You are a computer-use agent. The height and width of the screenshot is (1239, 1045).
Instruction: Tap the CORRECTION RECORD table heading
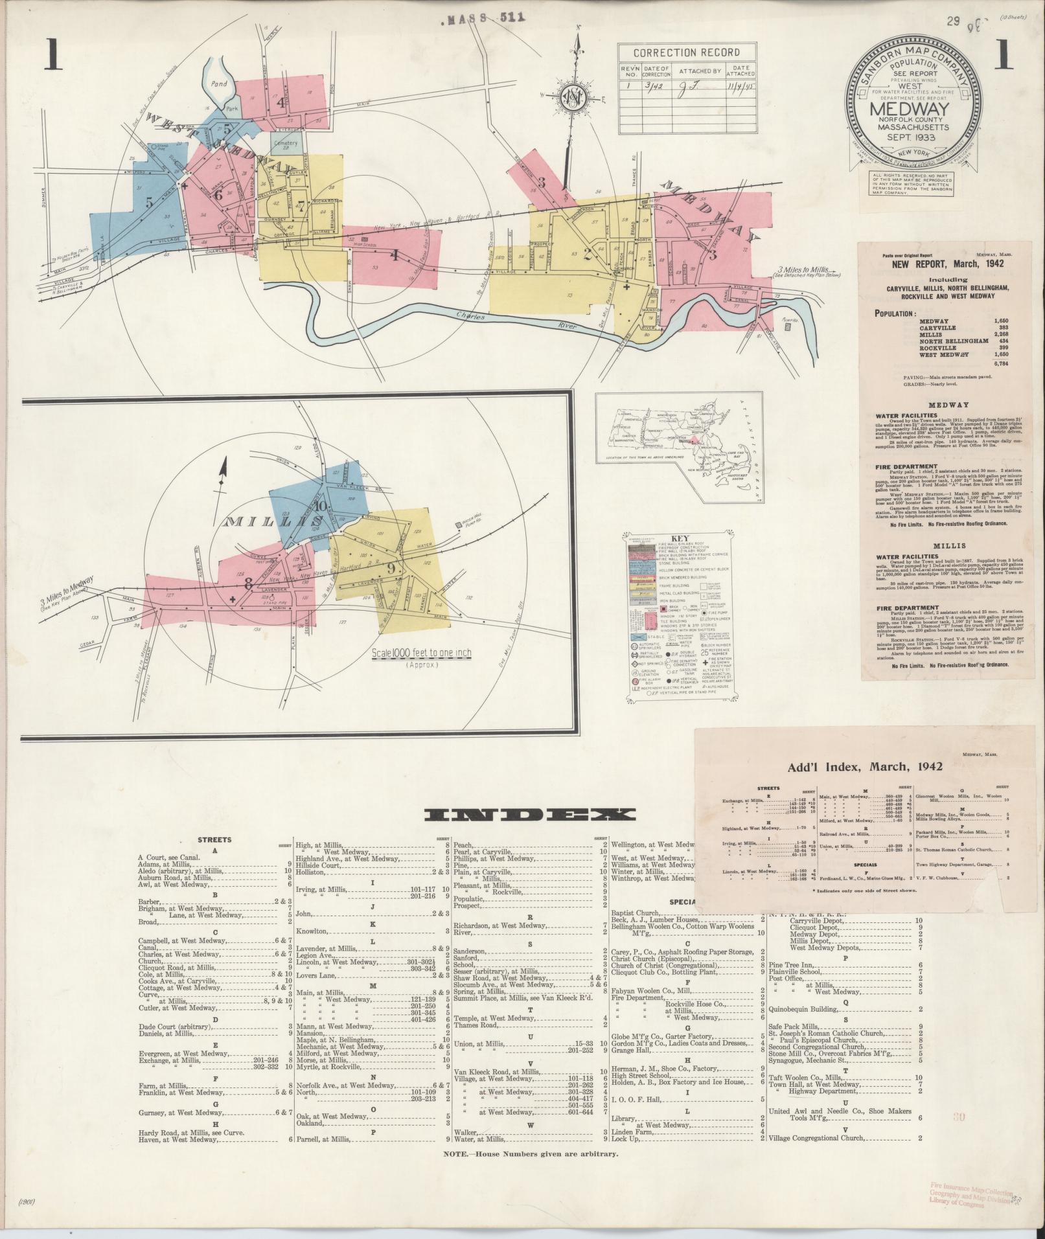(x=687, y=53)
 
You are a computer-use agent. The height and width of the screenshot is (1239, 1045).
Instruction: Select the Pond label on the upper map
(x=218, y=84)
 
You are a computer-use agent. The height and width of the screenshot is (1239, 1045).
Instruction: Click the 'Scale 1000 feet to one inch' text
(x=422, y=653)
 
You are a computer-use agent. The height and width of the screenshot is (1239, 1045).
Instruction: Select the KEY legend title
(x=679, y=538)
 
